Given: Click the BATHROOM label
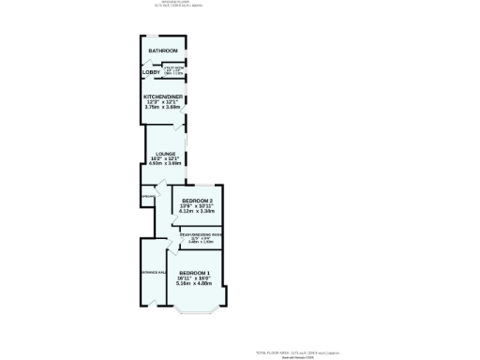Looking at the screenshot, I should pos(162,51).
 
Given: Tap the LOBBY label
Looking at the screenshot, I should pos(151,72).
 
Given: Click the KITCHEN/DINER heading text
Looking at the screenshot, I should pos(163,97).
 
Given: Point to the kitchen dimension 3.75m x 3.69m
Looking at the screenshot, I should pos(163,107).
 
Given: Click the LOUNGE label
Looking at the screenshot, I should pos(166,153).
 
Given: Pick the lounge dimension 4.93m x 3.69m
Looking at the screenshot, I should pos(166,163).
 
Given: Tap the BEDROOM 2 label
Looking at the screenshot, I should pos(197,202).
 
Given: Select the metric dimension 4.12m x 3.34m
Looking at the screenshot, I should pos(197,212).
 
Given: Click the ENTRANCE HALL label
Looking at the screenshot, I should pos(154,273).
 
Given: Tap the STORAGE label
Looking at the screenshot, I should pos(147,197).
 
